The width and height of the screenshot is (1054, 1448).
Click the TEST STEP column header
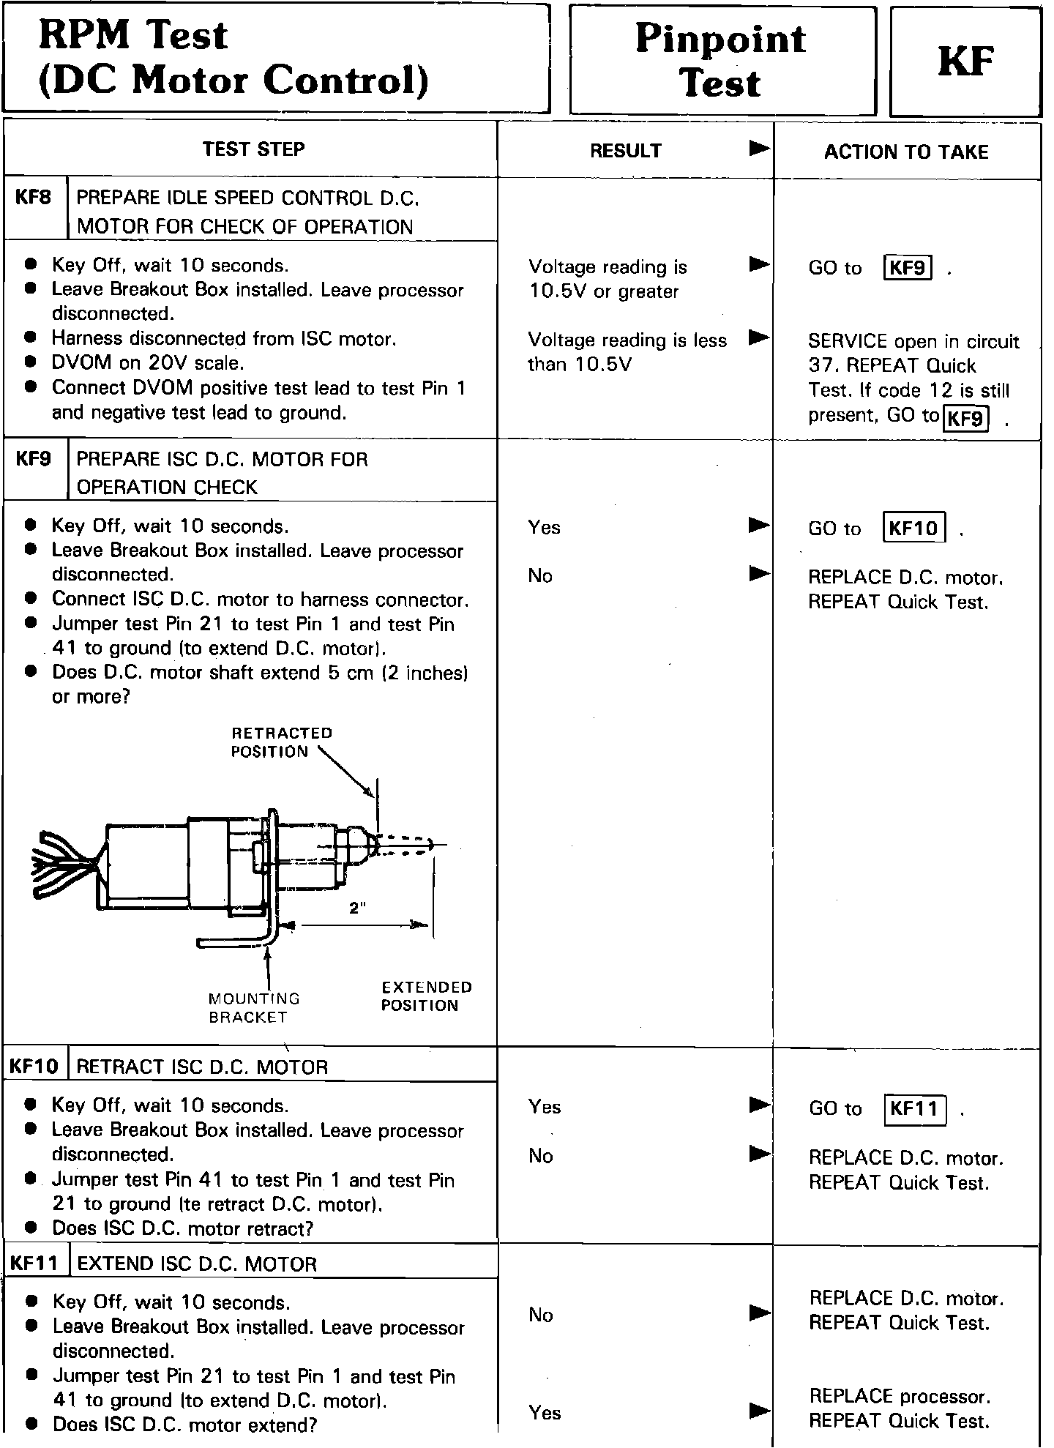pyautogui.click(x=253, y=149)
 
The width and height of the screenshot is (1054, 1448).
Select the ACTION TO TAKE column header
pyautogui.click(x=906, y=152)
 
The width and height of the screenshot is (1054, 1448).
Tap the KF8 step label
pyautogui.click(x=34, y=198)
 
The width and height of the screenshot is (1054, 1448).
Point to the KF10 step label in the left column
pyautogui.click(x=34, y=1067)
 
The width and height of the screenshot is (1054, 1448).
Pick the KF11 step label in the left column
pyautogui.click(x=34, y=1264)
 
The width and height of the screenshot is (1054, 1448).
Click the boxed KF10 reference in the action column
pyautogui.click(x=914, y=529)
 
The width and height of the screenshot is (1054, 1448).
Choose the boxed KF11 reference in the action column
pyautogui.click(x=915, y=1109)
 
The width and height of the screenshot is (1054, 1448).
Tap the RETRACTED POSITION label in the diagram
pyautogui.click(x=281, y=742)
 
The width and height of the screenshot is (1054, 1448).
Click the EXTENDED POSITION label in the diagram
pyautogui.click(x=427, y=996)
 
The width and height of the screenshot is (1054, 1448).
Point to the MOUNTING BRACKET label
pyautogui.click(x=253, y=1008)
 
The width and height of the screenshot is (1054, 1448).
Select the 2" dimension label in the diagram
pyautogui.click(x=357, y=908)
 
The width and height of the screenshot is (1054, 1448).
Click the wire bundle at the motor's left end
pyautogui.click(x=64, y=864)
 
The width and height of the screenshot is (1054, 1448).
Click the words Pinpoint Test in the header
pyautogui.click(x=721, y=60)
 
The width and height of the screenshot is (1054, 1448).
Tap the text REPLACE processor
pyautogui.click(x=900, y=1397)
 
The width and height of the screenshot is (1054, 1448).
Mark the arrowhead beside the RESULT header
pyautogui.click(x=760, y=149)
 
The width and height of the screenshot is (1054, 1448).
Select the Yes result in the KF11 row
pyautogui.click(x=545, y=1413)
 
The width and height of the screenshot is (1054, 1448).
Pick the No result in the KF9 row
pyautogui.click(x=540, y=576)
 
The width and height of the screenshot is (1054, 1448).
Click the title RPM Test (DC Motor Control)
pyautogui.click(x=233, y=58)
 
